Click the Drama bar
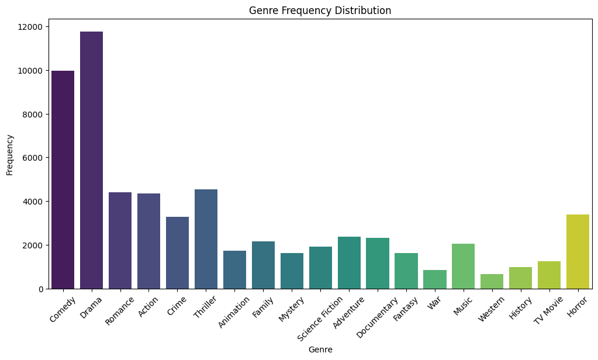[91, 160]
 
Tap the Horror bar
[578, 251]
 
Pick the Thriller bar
[206, 239]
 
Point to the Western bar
[492, 281]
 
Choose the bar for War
[435, 279]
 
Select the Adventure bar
[349, 262]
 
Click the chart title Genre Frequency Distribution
[320, 11]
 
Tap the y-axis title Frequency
[10, 155]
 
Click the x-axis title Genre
[320, 349]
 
